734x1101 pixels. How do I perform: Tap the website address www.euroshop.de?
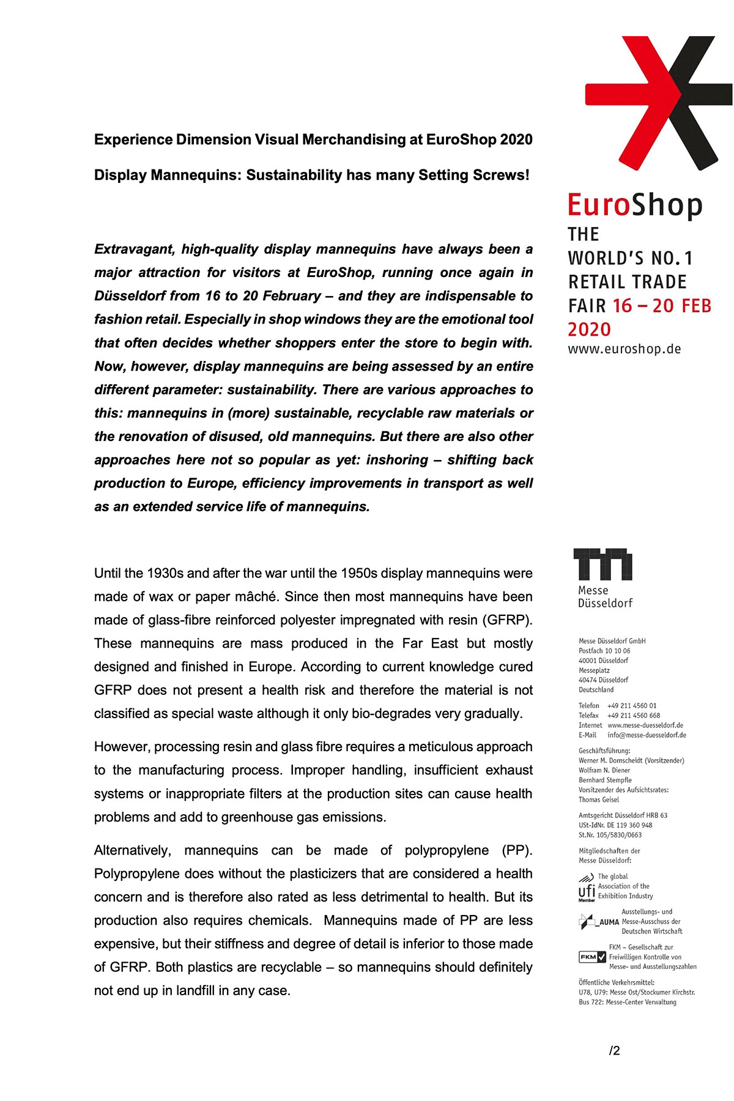tap(624, 349)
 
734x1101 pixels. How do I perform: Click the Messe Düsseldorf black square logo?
tap(602, 564)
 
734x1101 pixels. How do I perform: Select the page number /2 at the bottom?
tap(614, 1051)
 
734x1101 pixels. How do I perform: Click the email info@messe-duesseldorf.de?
tap(647, 735)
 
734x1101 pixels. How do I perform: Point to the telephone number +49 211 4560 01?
tap(632, 706)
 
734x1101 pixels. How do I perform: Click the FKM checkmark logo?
tap(592, 957)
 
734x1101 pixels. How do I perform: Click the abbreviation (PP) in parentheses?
tap(517, 851)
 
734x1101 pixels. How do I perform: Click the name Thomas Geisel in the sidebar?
tap(599, 799)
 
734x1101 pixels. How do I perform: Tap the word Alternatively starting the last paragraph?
tap(132, 851)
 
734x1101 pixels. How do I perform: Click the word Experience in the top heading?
tap(133, 140)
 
